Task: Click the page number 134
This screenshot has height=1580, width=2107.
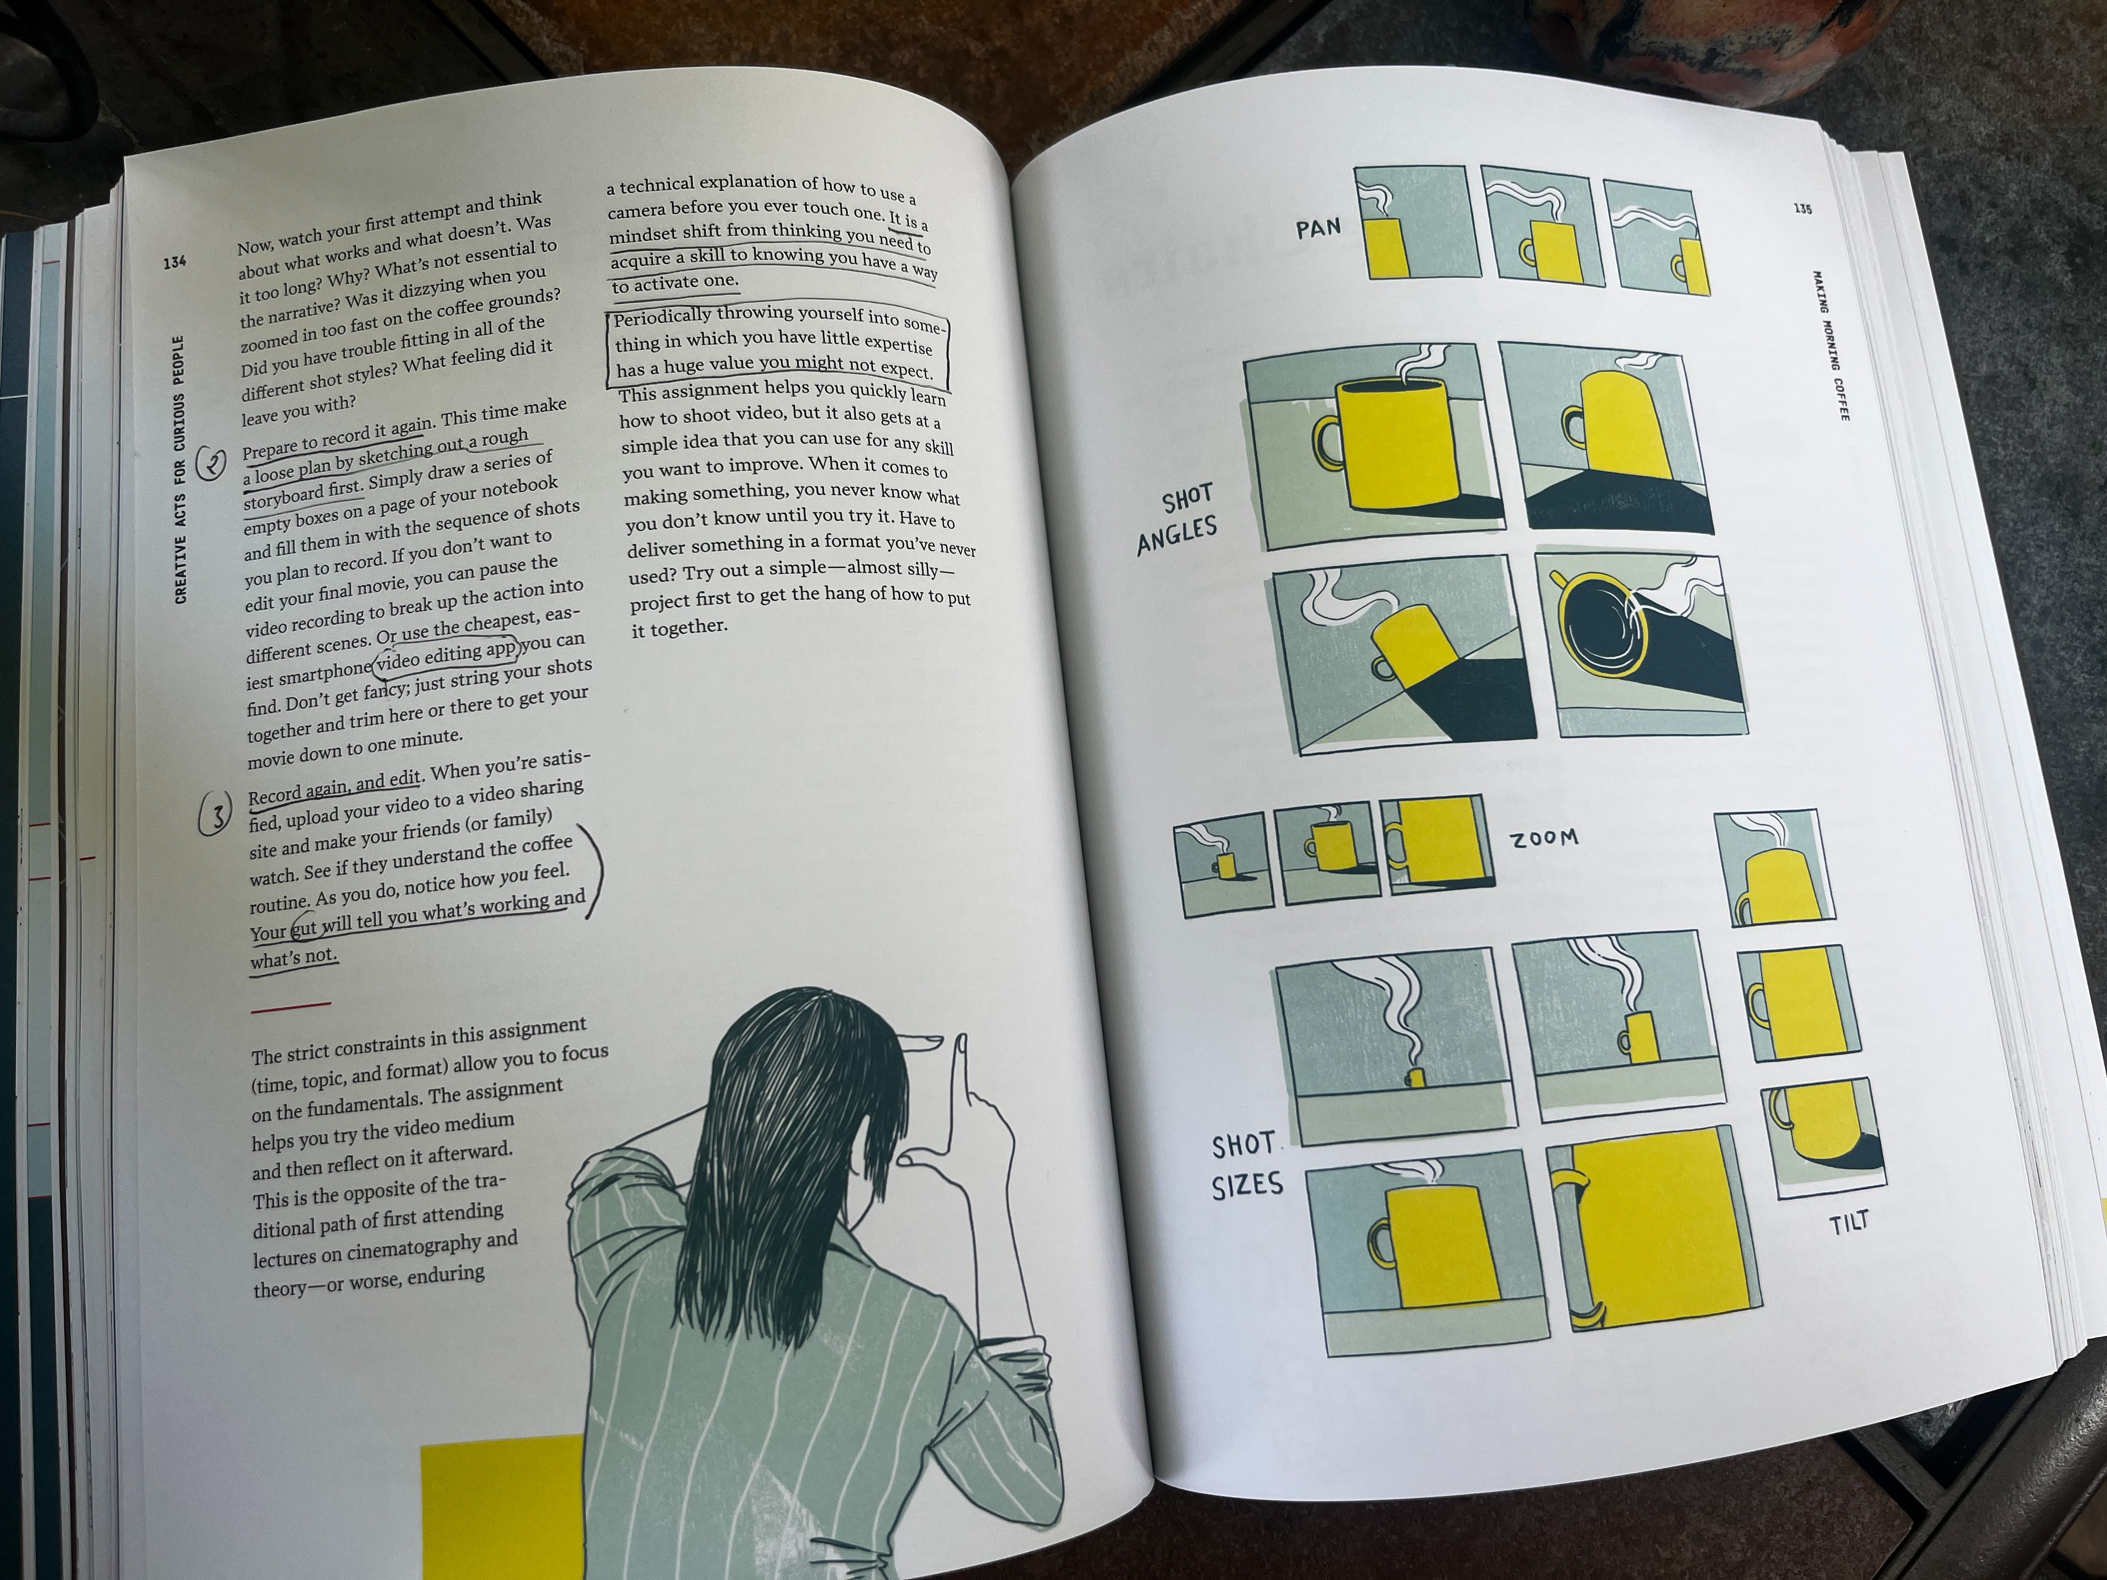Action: click(175, 261)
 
